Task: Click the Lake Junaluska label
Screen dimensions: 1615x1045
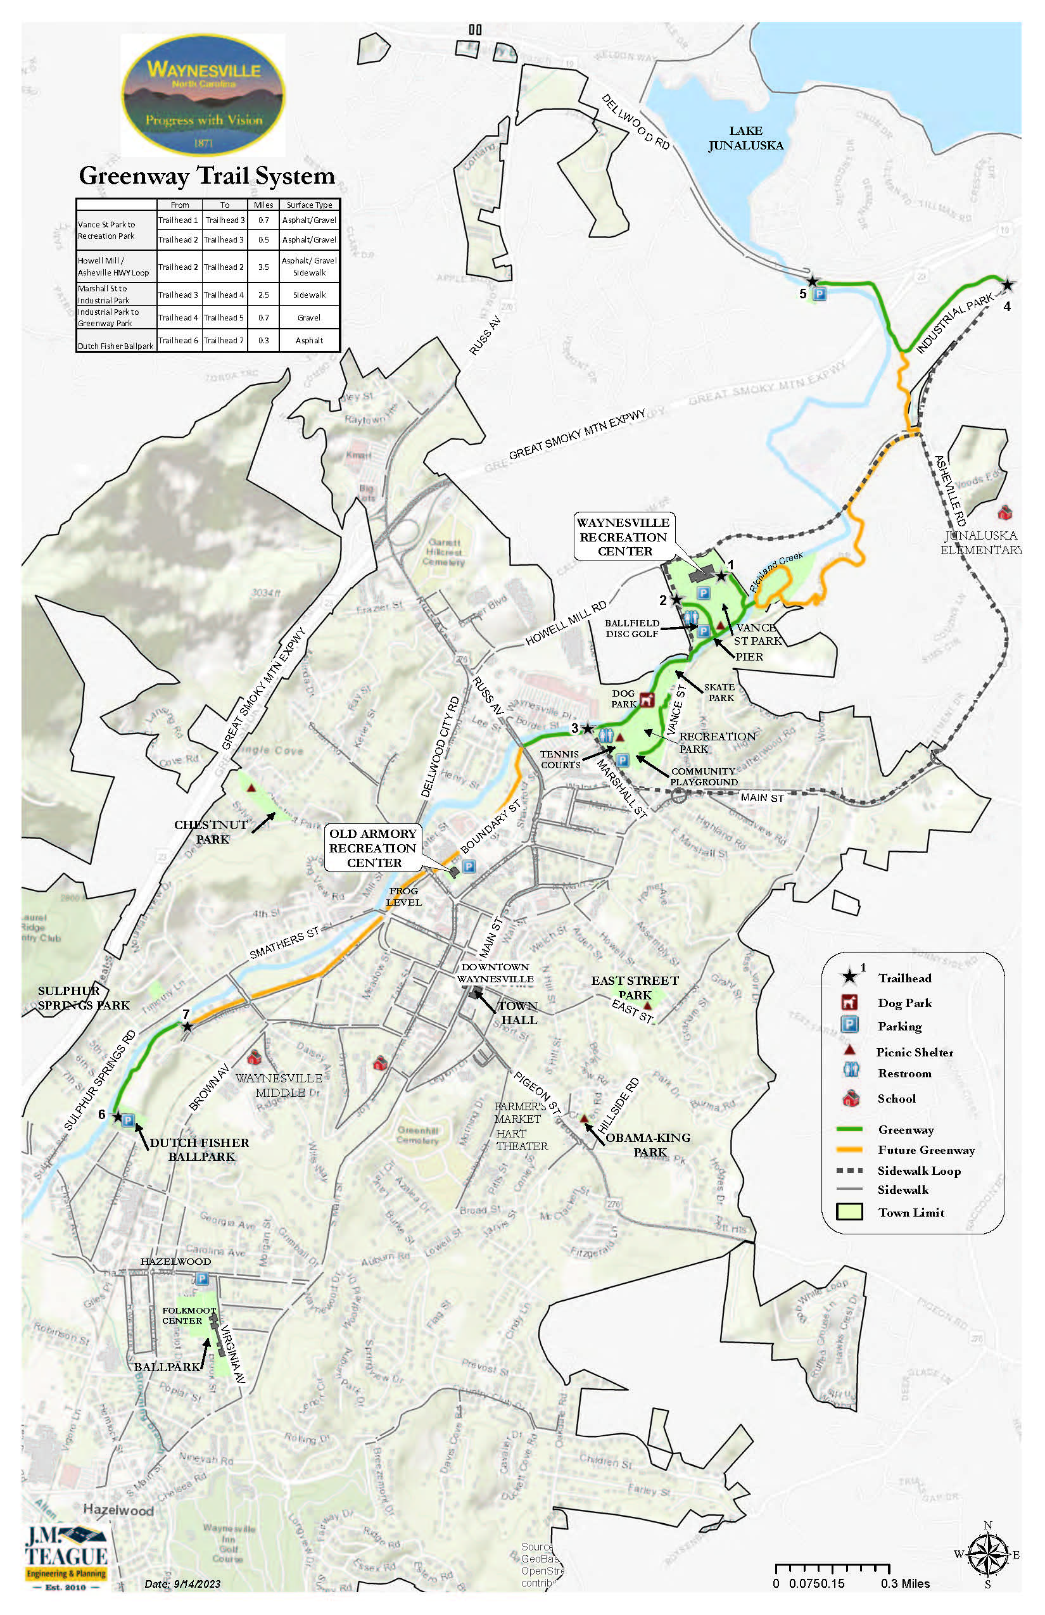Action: [746, 138]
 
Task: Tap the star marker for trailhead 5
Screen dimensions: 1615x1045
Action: [811, 281]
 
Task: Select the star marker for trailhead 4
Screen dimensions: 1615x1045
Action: [1008, 285]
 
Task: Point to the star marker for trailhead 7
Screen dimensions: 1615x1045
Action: [187, 1027]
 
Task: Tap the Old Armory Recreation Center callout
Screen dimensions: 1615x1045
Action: [372, 847]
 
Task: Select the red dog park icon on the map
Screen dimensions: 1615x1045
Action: [647, 699]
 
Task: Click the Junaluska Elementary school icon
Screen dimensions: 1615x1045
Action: [1005, 511]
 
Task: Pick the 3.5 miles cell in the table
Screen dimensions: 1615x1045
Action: [263, 267]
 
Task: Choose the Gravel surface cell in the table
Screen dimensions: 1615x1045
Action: [310, 317]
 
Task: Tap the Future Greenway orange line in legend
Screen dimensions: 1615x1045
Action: [849, 1149]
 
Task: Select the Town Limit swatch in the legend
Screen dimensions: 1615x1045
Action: [849, 1212]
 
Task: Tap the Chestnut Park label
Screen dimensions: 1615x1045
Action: [211, 832]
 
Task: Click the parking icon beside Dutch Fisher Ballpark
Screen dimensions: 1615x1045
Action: [128, 1120]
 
